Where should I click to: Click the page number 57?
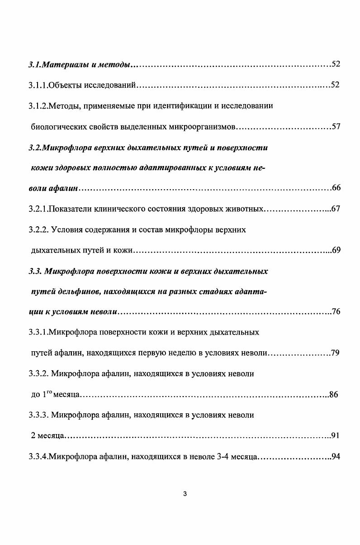[x=336, y=126]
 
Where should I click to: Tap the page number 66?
[x=336, y=188]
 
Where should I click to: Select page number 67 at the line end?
[x=336, y=209]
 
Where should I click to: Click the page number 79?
[x=335, y=353]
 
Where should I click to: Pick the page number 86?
[x=334, y=394]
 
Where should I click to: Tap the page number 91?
[x=335, y=436]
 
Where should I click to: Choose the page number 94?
[x=336, y=456]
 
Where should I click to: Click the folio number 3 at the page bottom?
[x=185, y=494]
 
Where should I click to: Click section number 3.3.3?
[x=38, y=415]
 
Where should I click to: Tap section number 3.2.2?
[x=38, y=229]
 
